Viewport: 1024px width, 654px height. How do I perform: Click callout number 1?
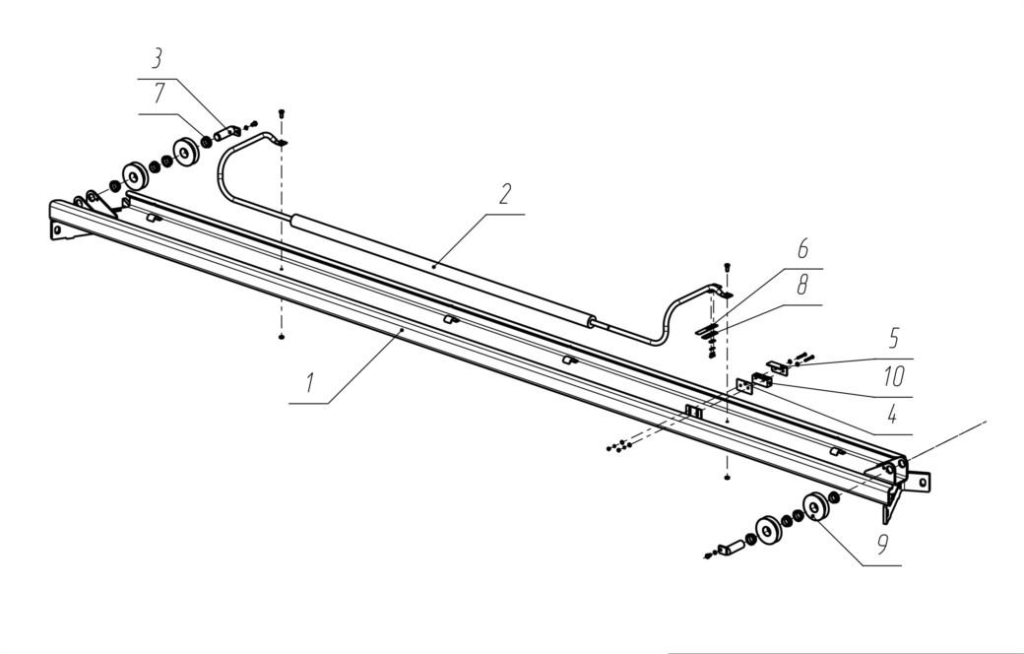click(310, 383)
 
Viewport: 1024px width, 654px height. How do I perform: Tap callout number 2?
click(505, 194)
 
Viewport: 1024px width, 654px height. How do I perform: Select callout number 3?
click(157, 59)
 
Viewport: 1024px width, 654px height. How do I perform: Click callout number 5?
click(894, 339)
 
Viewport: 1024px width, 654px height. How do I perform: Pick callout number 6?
click(802, 249)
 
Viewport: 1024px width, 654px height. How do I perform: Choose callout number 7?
click(160, 94)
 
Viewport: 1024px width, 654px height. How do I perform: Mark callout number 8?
click(802, 285)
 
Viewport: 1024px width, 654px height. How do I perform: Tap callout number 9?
click(882, 545)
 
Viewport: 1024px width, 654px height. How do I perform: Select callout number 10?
click(894, 376)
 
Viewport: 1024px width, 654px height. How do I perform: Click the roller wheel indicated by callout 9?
click(815, 506)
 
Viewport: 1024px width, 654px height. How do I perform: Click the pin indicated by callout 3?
click(225, 133)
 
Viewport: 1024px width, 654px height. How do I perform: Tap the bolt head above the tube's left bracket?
click(282, 113)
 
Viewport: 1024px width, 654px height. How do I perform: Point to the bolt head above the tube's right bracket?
click(728, 266)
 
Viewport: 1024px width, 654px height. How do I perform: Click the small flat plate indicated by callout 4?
click(744, 386)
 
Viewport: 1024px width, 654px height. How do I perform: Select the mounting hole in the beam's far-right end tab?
click(923, 483)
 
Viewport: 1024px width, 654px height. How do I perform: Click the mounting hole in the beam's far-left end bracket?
click(57, 229)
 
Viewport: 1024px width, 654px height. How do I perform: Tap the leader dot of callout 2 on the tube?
click(434, 267)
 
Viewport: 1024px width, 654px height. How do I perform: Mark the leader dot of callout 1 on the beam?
click(402, 331)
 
